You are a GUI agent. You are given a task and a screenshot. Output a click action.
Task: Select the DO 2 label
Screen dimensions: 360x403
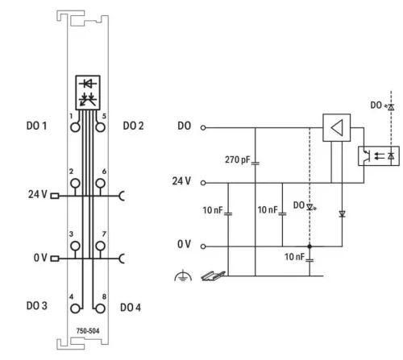134,126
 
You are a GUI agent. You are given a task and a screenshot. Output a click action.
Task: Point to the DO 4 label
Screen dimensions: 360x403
132,307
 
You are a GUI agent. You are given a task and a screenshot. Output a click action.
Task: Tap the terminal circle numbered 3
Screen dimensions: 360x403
74,245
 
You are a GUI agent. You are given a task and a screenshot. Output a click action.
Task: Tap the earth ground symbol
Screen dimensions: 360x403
181,276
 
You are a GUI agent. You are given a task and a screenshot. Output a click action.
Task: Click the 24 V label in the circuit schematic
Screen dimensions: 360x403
181,181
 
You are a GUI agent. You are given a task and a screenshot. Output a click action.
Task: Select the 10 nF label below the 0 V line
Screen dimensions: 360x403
293,258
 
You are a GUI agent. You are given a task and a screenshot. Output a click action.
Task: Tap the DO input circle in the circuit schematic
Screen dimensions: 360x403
203,127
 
